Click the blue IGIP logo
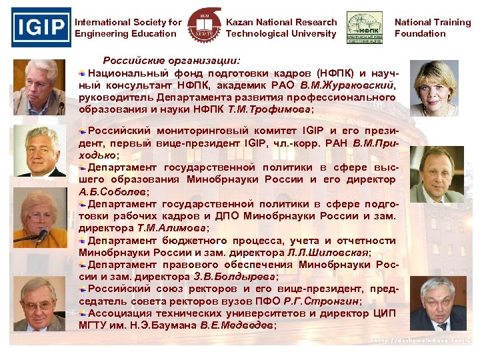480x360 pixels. (x=41, y=27)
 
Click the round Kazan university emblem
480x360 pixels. (x=202, y=28)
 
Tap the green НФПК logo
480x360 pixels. (x=364, y=28)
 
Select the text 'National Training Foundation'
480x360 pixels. (x=432, y=28)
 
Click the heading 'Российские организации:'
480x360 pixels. (x=175, y=59)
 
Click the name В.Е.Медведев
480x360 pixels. (x=237, y=325)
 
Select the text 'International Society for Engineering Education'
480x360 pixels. (x=128, y=28)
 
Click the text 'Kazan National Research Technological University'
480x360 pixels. (x=281, y=28)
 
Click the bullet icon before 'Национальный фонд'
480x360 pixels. (x=83, y=73)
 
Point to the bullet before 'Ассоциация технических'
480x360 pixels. (x=83, y=313)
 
